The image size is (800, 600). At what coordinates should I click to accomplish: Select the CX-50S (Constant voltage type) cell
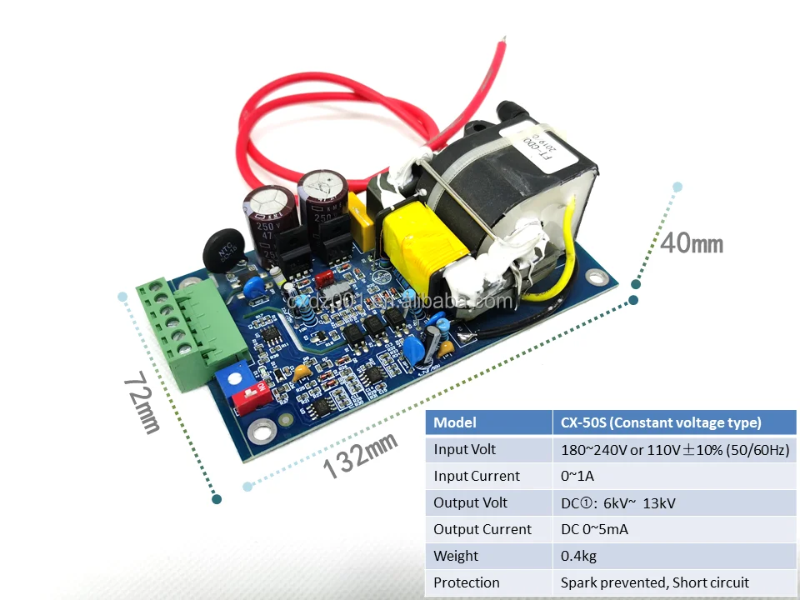click(x=672, y=422)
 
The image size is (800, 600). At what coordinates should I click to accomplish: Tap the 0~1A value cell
click(x=577, y=476)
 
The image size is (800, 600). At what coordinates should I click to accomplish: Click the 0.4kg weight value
click(x=578, y=556)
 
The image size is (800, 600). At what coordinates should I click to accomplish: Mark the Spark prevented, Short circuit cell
click(x=654, y=582)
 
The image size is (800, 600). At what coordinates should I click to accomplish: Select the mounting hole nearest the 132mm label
click(x=263, y=430)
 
